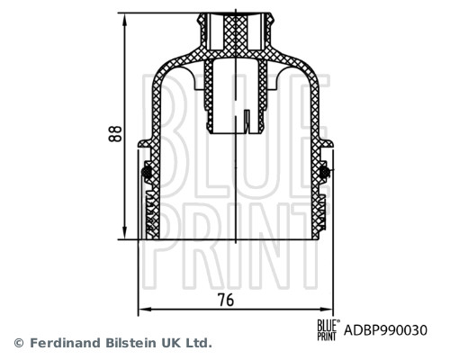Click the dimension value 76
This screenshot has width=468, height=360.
point(227,301)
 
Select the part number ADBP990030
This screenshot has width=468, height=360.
point(386,330)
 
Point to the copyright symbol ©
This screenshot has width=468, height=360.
point(19,343)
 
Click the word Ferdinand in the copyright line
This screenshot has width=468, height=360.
point(63,343)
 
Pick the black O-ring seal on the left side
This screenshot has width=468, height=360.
point(146,172)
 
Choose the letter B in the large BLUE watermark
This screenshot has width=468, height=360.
point(177,112)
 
